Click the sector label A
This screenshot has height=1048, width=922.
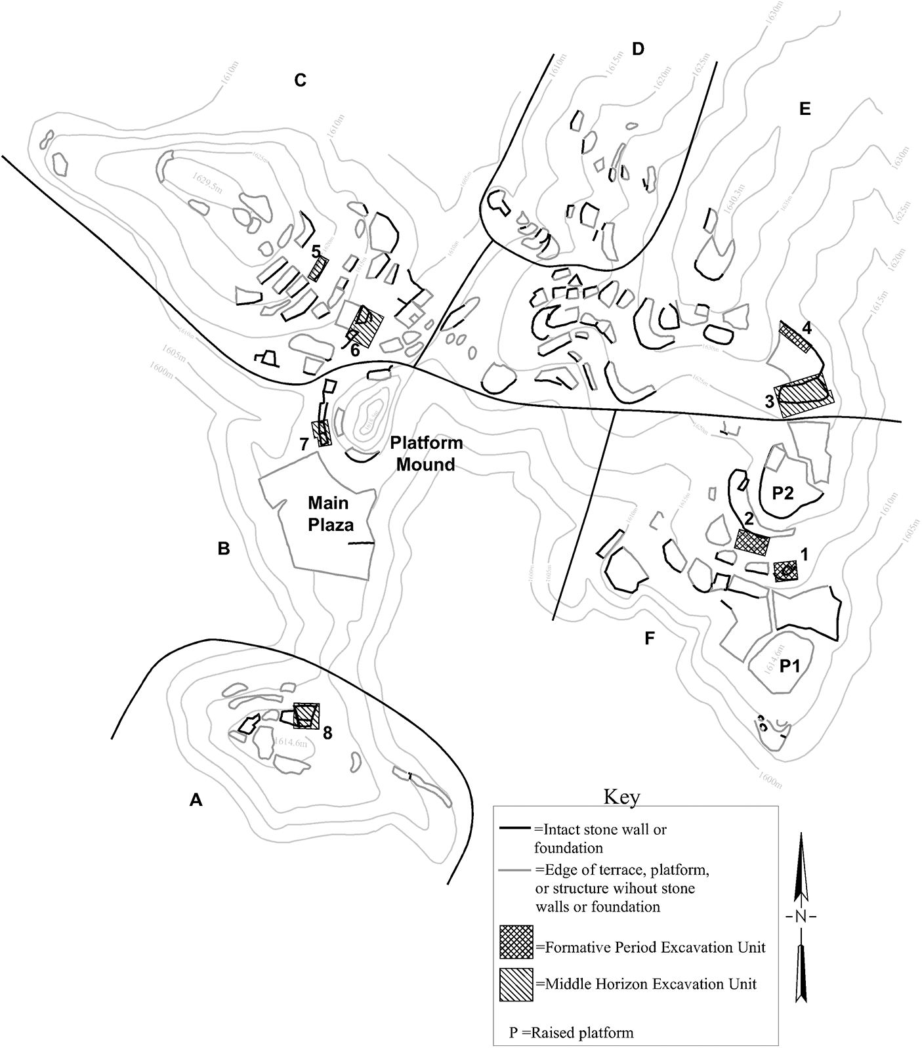point(195,799)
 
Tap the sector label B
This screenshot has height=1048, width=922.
point(223,549)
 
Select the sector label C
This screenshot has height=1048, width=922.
point(300,80)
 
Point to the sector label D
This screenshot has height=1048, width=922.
point(638,49)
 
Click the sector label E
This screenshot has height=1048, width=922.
point(805,109)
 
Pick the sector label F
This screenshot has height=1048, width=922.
point(650,638)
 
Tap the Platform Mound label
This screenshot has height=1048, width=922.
point(422,453)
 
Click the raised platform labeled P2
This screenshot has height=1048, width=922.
point(783,493)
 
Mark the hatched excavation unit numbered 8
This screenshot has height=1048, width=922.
point(306,715)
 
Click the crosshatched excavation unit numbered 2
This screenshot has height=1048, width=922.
point(751,542)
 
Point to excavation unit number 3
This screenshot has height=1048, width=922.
point(804,396)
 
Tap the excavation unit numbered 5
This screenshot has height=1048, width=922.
point(318,268)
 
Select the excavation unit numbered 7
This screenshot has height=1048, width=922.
point(322,433)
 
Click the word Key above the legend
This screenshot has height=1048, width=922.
point(621,797)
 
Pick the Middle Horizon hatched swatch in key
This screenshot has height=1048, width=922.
point(516,984)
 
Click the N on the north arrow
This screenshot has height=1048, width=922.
point(800,917)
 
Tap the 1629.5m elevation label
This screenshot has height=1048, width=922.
point(209,178)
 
